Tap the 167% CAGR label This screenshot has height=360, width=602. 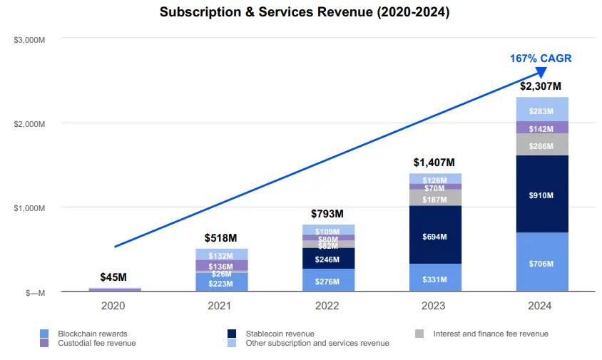[541, 58]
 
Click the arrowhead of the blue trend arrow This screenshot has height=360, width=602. [541, 72]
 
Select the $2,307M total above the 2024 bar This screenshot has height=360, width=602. [543, 86]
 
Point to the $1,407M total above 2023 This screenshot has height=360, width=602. [435, 163]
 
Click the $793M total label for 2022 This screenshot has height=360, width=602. [327, 214]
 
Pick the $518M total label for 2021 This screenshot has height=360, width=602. [221, 237]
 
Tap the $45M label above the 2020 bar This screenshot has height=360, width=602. [114, 277]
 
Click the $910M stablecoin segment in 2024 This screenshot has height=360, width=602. [543, 194]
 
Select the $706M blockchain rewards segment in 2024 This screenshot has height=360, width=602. [543, 263]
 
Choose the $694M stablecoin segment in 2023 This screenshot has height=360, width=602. [435, 236]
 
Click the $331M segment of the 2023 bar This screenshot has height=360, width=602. [435, 279]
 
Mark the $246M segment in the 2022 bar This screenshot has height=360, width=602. [327, 259]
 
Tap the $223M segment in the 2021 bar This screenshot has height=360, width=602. [221, 283]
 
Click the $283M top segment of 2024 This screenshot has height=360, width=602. [543, 110]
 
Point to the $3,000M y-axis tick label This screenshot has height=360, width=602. [30, 39]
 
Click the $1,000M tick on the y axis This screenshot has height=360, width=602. [30, 208]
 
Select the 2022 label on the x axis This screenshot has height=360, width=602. [327, 306]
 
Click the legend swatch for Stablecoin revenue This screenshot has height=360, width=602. [233, 334]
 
